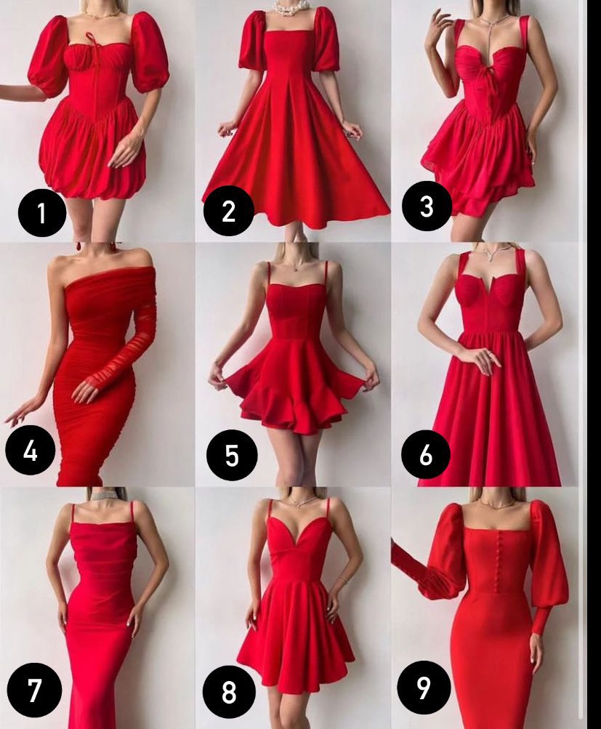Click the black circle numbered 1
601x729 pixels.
(42, 212)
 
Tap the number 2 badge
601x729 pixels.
(229, 211)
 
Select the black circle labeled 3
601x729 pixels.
(427, 206)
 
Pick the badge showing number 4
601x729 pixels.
(31, 450)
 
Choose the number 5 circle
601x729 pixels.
(232, 455)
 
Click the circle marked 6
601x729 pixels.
(425, 455)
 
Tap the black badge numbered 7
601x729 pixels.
(34, 690)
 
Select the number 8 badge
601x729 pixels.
(229, 692)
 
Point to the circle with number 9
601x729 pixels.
(424, 687)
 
